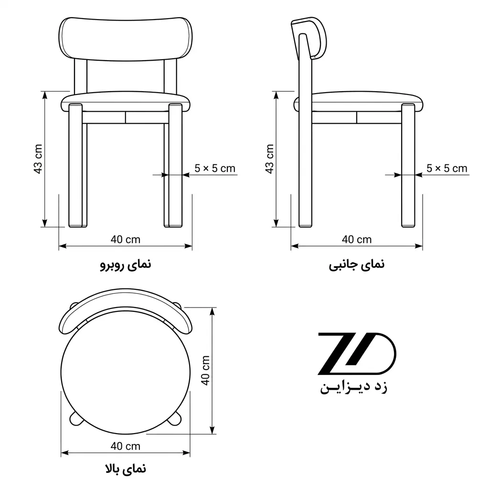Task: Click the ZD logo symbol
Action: (x=357, y=353)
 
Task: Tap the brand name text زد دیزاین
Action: (x=354, y=387)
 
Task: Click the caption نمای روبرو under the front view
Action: (x=126, y=265)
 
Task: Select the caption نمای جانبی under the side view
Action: (x=356, y=265)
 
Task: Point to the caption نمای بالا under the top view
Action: (x=126, y=469)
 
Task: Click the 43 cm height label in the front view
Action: (x=38, y=159)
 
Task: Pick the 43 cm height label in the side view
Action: (x=269, y=159)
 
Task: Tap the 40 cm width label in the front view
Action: (x=126, y=240)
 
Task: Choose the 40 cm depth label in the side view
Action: (x=357, y=240)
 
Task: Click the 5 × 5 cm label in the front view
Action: (x=215, y=169)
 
